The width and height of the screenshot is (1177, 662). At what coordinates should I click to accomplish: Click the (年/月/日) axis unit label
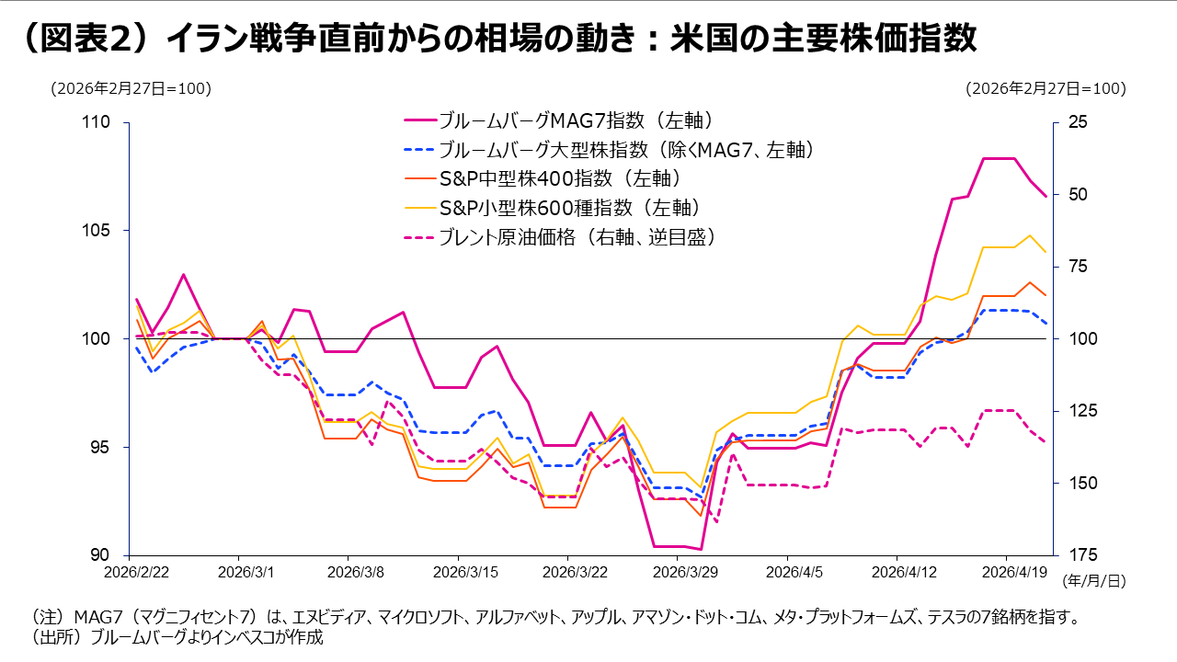pos(1093,582)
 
